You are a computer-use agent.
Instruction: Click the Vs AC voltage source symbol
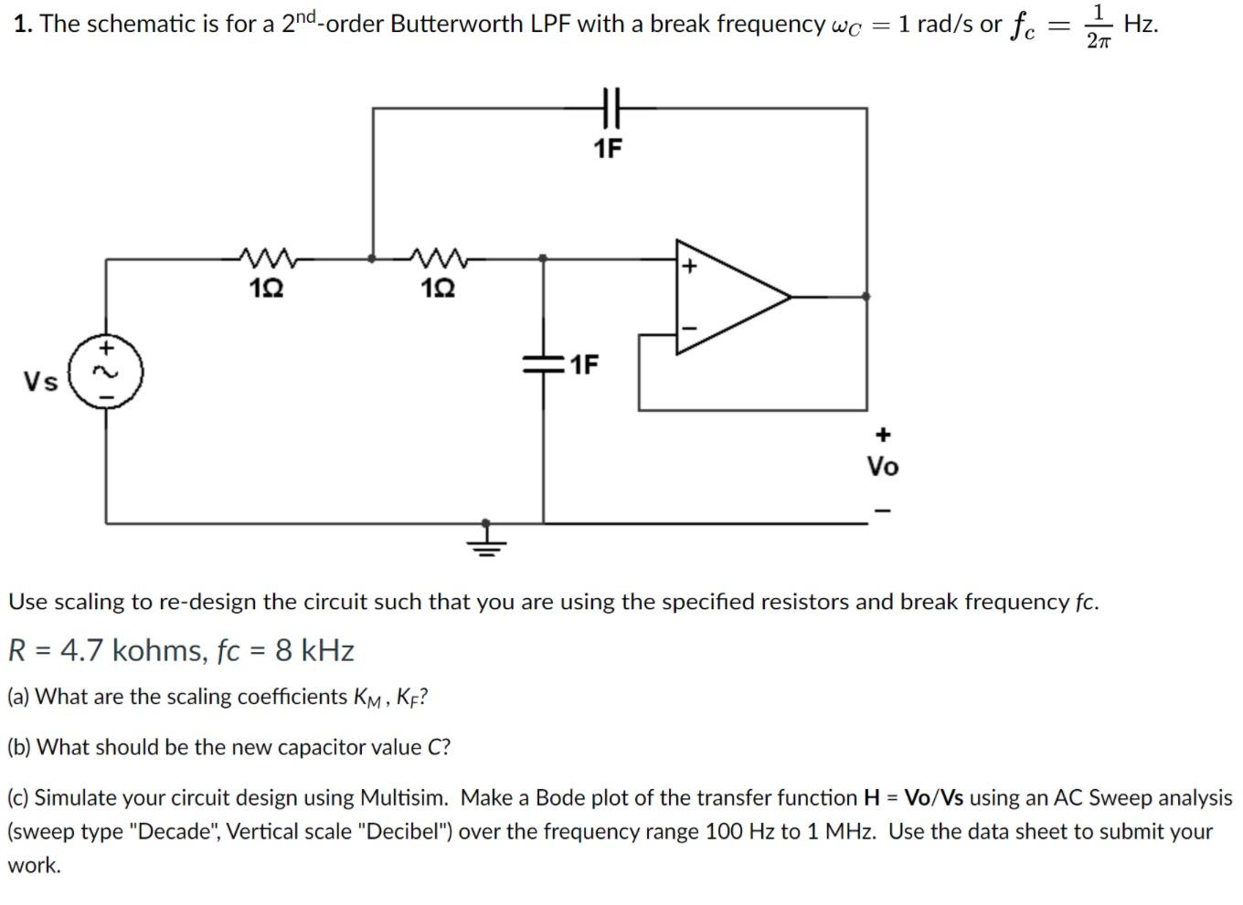[107, 373]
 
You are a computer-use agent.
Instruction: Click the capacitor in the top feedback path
[610, 108]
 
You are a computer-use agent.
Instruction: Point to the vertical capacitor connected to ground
[544, 365]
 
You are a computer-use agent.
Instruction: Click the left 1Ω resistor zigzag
[265, 258]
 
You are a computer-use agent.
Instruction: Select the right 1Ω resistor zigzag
[439, 258]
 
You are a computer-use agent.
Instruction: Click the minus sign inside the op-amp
[690, 327]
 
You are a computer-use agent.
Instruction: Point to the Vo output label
[882, 467]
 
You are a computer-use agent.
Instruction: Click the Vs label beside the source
[41, 382]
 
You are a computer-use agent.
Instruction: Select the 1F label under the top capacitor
[608, 148]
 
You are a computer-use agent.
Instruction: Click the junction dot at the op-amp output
[866, 296]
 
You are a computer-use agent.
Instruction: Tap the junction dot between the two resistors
[371, 258]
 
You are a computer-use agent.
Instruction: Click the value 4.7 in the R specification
[83, 650]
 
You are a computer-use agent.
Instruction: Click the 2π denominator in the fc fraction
[1099, 41]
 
